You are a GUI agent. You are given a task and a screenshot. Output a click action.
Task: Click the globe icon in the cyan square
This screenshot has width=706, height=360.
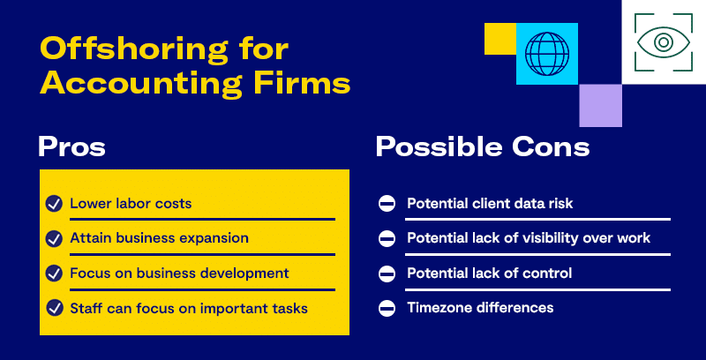(547, 54)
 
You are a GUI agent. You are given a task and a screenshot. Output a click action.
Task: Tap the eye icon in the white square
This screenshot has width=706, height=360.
(664, 42)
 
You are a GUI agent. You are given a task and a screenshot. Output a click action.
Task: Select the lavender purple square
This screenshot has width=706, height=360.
(600, 105)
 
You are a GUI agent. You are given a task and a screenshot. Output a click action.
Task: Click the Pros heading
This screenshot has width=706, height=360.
(71, 146)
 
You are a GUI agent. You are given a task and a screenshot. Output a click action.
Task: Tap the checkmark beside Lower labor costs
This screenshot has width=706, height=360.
(54, 204)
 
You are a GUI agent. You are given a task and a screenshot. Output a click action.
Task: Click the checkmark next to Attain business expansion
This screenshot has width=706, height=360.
(54, 238)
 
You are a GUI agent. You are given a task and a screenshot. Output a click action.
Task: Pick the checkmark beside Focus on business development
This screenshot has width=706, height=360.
(54, 274)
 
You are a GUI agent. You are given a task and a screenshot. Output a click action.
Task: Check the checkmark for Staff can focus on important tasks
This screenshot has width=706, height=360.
(54, 308)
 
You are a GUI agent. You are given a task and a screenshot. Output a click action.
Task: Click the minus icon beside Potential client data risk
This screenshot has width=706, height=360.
(387, 204)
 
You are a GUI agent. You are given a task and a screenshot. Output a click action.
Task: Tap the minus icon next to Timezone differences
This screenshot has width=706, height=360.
(387, 309)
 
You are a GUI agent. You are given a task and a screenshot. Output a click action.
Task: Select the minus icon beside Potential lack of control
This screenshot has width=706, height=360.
(387, 274)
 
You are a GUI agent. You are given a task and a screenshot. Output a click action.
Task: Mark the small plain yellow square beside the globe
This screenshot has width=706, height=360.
(500, 39)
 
